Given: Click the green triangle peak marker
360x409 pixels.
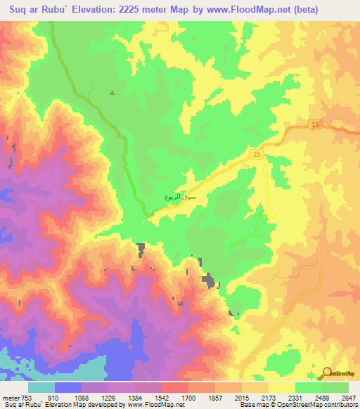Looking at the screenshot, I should [112, 92].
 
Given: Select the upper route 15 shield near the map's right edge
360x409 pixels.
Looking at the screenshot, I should [314, 124].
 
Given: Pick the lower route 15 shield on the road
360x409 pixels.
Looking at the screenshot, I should [257, 155].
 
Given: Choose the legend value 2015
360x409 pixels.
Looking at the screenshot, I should [256, 398].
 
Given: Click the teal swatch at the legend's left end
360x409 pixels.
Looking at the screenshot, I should [41, 387].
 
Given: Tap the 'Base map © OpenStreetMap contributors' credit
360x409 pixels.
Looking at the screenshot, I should [297, 405].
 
